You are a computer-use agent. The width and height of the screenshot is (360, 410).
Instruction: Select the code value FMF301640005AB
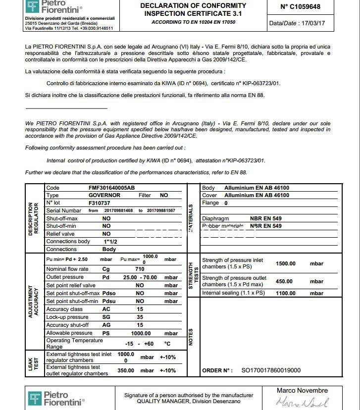pos(111,188)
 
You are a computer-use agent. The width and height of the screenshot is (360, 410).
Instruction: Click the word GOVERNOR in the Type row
pos(104,196)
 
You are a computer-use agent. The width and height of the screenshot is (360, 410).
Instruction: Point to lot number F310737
pos(99,203)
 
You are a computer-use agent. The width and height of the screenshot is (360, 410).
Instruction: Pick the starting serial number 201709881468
pos(118,211)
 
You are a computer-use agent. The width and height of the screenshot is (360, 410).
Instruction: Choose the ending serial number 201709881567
pos(160,211)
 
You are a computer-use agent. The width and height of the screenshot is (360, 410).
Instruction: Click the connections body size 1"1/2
pos(110,241)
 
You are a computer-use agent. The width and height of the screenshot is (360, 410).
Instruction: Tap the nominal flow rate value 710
pos(140,269)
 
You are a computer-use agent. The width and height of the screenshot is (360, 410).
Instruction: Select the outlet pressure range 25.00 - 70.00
pos(140,277)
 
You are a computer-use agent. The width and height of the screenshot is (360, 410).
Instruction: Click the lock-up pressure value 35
pos(140,317)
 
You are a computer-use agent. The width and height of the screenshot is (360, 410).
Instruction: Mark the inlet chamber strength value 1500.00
pos(285,263)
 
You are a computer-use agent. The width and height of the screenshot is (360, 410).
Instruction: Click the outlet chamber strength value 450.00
pos(284,281)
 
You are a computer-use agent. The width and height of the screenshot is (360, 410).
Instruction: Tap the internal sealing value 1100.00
pos(285,293)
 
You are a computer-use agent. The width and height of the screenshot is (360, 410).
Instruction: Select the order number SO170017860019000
pos(270,370)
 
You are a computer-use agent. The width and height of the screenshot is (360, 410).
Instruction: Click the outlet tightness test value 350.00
pos(126,370)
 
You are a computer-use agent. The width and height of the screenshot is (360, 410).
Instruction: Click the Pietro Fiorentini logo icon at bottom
pos(34,398)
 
